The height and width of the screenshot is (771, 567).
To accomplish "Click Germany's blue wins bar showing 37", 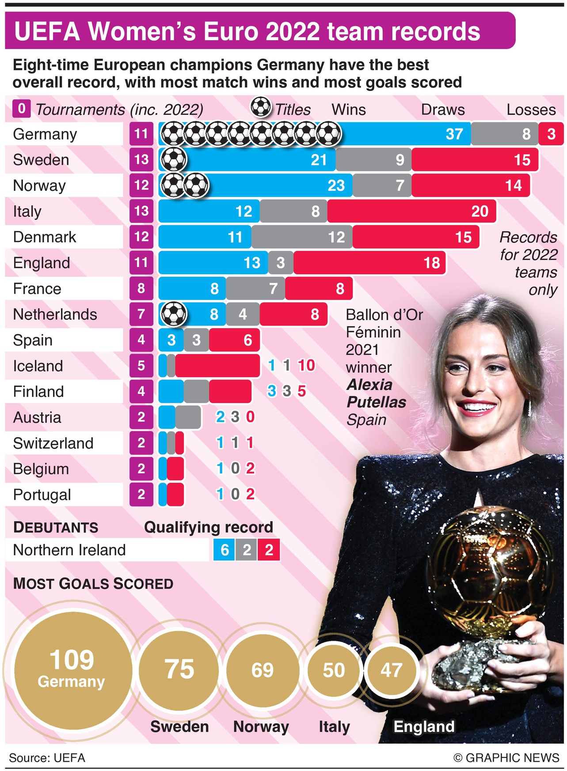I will click(x=398, y=134).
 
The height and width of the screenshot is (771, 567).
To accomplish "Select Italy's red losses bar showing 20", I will click(x=411, y=211).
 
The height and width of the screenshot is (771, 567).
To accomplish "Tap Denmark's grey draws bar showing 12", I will click(x=302, y=237).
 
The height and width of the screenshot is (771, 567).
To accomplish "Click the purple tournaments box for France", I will click(x=141, y=288).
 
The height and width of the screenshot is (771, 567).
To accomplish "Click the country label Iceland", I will click(x=38, y=366).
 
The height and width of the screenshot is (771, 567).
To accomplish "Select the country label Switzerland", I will click(x=53, y=443).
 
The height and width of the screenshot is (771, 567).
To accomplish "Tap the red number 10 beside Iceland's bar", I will click(x=306, y=366).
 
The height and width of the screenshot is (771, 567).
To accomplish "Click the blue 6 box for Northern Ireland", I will click(x=225, y=550).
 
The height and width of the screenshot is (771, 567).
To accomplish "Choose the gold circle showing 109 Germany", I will click(x=72, y=670).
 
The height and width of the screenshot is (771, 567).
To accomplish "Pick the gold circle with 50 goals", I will click(x=333, y=670).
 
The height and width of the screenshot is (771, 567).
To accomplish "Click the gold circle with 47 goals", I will click(x=391, y=670).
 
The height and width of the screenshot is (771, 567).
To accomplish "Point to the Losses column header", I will click(x=531, y=110).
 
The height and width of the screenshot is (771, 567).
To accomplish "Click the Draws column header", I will click(x=442, y=110).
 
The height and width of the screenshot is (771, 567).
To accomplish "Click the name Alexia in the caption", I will click(x=369, y=385).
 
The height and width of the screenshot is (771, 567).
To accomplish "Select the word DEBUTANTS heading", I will click(x=56, y=527).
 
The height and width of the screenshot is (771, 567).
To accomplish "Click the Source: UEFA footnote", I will click(x=47, y=758).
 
